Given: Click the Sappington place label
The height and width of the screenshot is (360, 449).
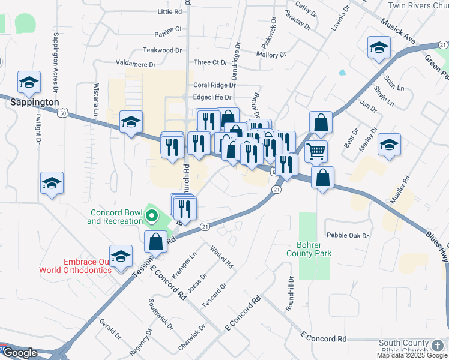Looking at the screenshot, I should click(x=35, y=103).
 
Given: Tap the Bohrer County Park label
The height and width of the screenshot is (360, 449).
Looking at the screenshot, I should click(x=314, y=249).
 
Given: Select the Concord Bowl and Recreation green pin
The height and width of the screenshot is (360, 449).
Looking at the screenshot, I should click(x=152, y=215).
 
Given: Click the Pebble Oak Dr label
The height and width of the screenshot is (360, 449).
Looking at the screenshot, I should click(x=347, y=235).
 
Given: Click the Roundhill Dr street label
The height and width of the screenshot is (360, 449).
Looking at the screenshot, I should click(x=290, y=293).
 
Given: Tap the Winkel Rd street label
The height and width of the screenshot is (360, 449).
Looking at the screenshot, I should click(x=221, y=256).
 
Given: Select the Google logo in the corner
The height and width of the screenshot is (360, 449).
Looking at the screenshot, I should click(x=19, y=353).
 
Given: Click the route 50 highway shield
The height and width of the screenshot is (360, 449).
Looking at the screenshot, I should click(x=63, y=112).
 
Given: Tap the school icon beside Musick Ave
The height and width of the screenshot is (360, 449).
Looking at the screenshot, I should click(x=379, y=47).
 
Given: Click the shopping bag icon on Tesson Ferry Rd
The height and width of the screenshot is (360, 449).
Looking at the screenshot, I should click(x=156, y=241).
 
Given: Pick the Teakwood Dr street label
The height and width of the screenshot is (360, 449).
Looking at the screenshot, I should click(x=162, y=50).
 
